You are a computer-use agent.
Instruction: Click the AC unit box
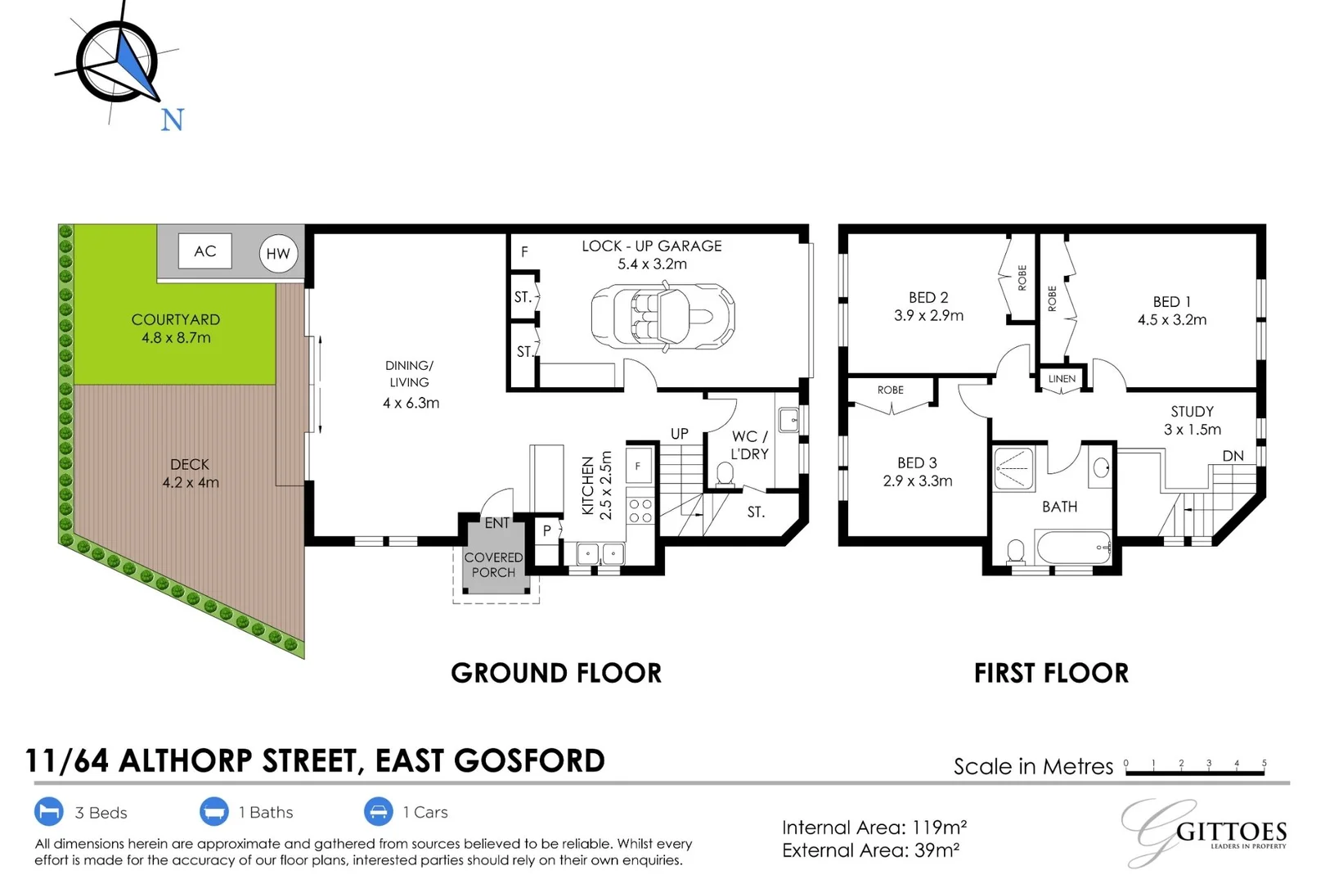point(204,251)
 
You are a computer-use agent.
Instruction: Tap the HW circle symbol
point(278,254)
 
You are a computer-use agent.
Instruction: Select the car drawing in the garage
point(662,317)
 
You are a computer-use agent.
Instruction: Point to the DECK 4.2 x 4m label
point(191,473)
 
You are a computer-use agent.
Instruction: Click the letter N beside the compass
point(172,120)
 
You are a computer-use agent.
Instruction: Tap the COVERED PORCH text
point(493,565)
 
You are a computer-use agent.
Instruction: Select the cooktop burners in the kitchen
point(640,512)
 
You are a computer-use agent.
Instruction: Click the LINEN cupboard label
point(1062,379)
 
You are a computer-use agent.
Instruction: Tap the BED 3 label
point(917,471)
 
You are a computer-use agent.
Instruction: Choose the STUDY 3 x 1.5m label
point(1192,420)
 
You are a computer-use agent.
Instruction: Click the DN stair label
point(1233,456)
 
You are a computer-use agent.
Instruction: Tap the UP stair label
point(680,434)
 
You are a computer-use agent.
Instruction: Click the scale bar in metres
point(1195,769)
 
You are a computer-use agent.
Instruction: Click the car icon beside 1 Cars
point(379,812)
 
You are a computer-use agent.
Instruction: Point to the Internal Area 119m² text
point(874,828)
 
